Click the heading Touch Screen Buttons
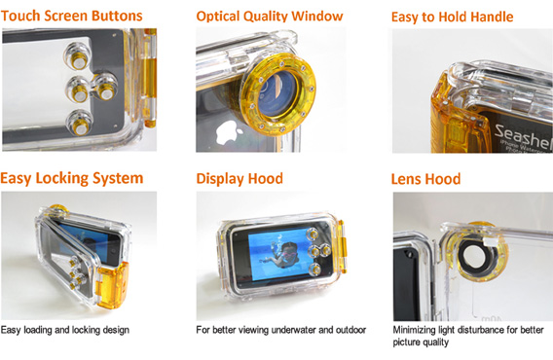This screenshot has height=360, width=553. [72, 16]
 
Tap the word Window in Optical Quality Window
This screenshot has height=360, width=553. [317, 16]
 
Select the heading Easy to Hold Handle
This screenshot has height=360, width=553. [452, 17]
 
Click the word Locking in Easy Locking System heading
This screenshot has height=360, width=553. [62, 178]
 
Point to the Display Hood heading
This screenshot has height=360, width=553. [240, 178]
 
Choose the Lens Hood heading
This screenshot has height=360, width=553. [425, 179]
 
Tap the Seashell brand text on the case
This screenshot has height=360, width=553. [523, 136]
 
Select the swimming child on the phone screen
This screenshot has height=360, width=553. [281, 254]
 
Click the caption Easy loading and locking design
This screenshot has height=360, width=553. [65, 330]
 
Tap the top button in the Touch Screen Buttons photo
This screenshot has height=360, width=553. [78, 56]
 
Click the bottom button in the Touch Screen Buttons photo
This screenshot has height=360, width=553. [80, 124]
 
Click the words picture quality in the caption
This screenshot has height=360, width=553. [421, 342]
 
